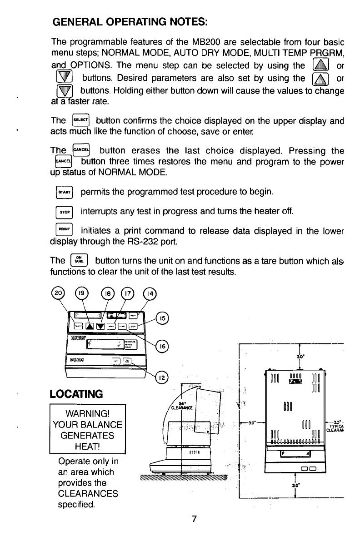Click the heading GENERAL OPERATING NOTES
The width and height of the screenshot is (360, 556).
[x=130, y=21]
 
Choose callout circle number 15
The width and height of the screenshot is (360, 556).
[x=162, y=318]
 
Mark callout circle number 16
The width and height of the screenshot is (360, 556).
[x=163, y=346]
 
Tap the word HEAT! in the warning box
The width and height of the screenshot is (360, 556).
[x=87, y=447]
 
